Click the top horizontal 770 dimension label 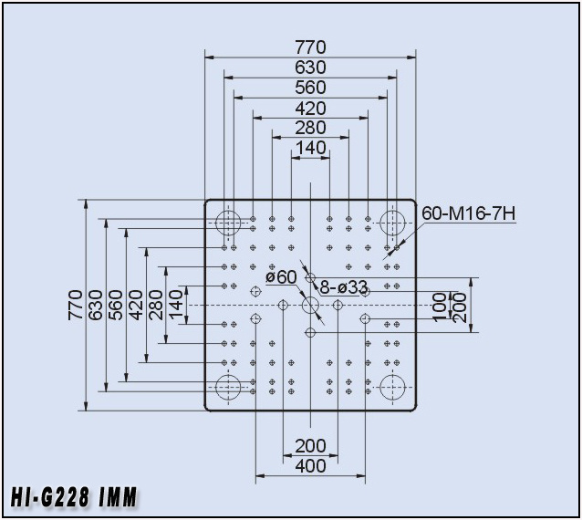point(310,47)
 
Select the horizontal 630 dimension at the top point(310,68)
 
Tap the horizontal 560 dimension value point(310,88)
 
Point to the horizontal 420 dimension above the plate point(310,109)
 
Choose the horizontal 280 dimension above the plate point(310,128)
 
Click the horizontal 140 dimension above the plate point(310,148)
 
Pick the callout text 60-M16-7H point(468,213)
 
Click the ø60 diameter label point(282,277)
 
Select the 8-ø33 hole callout point(344,286)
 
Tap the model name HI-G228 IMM point(74,497)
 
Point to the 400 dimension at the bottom point(310,466)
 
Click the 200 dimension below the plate point(310,446)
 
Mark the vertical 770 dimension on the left point(76,305)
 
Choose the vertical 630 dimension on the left point(96,305)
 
